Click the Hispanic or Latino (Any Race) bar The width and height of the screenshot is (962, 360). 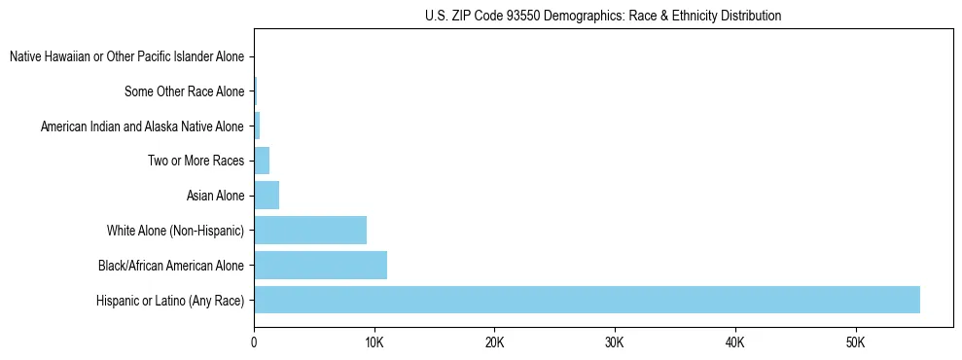coord(587,300)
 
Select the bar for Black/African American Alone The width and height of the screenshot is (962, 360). coord(320,265)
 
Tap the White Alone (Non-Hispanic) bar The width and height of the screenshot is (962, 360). coord(310,231)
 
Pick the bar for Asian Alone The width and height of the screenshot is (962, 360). coord(267,196)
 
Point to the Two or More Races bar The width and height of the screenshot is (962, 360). coord(262,161)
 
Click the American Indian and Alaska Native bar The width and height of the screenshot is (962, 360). coord(257,126)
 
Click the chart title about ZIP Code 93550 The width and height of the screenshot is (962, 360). coord(603,16)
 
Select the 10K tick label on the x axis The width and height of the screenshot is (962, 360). coord(374,342)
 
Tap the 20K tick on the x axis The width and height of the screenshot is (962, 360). coord(494,342)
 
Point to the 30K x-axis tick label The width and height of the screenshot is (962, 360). coord(615,342)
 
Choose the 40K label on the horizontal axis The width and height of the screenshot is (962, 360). coord(734,342)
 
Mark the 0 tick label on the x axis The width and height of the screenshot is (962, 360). coord(254,342)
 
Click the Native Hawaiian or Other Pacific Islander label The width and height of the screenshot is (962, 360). coord(126,57)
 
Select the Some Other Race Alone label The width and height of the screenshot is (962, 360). coord(184,92)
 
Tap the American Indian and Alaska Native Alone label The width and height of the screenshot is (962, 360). coord(142,126)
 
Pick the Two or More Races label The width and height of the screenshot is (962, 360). coord(196,161)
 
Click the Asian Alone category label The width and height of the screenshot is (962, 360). coord(215,196)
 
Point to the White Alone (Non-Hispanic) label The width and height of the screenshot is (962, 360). coord(175,231)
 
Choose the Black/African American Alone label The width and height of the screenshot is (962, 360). coord(171,265)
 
